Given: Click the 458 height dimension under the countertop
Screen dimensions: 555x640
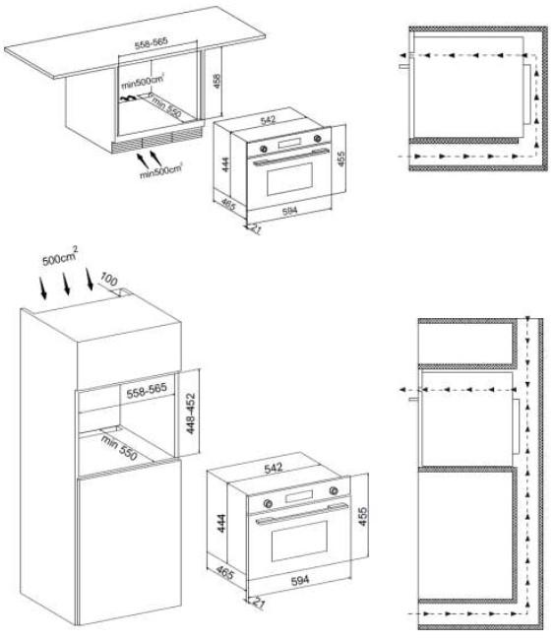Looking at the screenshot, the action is pyautogui.click(x=216, y=81).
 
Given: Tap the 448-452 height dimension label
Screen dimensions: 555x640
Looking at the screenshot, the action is pyautogui.click(x=190, y=414).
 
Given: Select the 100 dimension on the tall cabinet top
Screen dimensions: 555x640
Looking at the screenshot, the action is pyautogui.click(x=108, y=280).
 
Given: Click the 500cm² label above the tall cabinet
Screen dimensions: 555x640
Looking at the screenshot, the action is pyautogui.click(x=60, y=256).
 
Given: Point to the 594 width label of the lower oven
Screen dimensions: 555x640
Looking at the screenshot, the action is pyautogui.click(x=300, y=580).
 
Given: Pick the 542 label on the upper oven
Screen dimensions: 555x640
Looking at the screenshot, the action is pyautogui.click(x=268, y=119).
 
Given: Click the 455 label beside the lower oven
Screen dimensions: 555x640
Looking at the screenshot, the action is pyautogui.click(x=362, y=516).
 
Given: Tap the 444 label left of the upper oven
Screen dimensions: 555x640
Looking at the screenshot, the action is pyautogui.click(x=225, y=164).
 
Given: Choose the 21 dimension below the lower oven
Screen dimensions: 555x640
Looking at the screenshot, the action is pyautogui.click(x=259, y=602).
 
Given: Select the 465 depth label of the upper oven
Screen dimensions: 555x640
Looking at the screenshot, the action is pyautogui.click(x=228, y=204).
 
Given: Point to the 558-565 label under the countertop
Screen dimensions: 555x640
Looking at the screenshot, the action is pyautogui.click(x=152, y=43).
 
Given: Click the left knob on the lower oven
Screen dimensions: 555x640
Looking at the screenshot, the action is pyautogui.click(x=268, y=503).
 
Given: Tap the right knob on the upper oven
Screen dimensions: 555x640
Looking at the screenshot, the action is pyautogui.click(x=317, y=139).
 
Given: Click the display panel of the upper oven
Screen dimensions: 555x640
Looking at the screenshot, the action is pyautogui.click(x=289, y=144).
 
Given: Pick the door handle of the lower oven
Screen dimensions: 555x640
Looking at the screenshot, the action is pyautogui.click(x=302, y=513).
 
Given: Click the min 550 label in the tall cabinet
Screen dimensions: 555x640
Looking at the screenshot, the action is pyautogui.click(x=119, y=448).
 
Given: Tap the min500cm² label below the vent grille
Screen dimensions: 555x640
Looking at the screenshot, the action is pyautogui.click(x=160, y=170).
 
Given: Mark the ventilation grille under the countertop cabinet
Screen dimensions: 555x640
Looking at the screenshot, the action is pyautogui.click(x=157, y=141).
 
